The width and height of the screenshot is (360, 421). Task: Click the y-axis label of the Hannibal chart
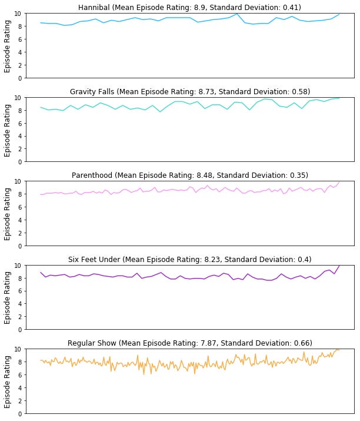coord(8,46)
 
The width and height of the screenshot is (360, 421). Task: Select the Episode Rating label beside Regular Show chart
coord(8,382)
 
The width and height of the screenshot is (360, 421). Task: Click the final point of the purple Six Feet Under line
coord(339,265)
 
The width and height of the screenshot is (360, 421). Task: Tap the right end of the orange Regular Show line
coord(339,349)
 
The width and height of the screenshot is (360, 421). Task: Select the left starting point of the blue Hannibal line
coord(41,23)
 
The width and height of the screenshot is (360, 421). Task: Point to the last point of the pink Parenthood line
coord(339,181)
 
